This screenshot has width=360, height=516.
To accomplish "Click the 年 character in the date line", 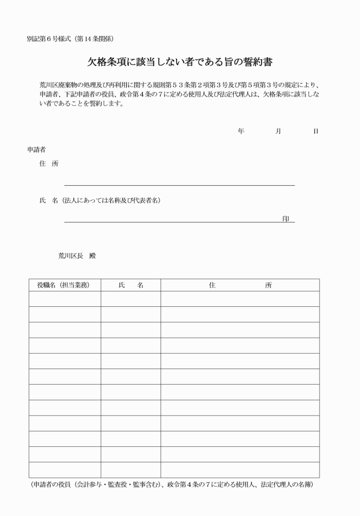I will pos(241,131).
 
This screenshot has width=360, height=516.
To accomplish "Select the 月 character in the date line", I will pos(278,131).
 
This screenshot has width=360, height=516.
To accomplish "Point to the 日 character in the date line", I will pos(315,131).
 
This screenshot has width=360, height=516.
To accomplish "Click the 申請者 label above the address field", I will pos(37,149).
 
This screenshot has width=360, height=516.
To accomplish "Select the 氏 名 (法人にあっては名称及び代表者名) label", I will pos(99,201).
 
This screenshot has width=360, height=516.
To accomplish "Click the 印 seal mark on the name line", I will pos(286,219).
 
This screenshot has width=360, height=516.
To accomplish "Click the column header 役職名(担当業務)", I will pos(64,285).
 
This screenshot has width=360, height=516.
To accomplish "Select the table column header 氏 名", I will pos(130,285).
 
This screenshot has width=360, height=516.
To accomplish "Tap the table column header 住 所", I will pos(240,285).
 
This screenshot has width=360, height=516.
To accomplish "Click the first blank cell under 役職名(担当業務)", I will pos(65,299).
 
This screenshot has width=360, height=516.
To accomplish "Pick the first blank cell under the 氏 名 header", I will pos(130,299).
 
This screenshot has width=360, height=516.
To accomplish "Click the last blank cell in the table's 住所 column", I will pos(240,470).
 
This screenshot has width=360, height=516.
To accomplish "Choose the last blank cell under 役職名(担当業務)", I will pos(65,470).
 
